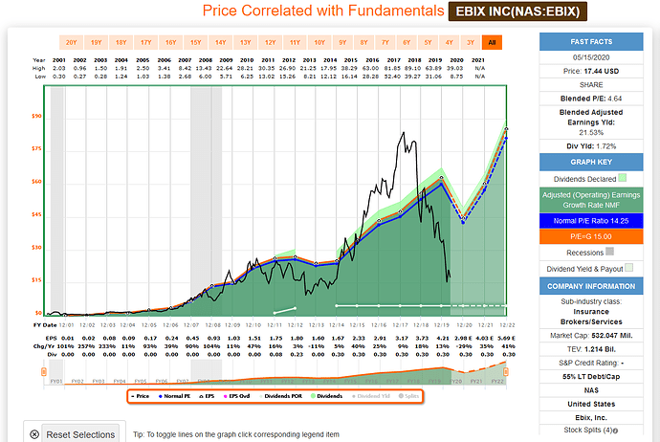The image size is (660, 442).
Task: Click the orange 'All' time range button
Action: coord(492,43)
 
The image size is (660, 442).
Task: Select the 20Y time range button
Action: coord(71,43)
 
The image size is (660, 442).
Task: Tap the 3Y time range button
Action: coord(469,43)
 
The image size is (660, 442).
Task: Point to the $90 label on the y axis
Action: coord(36,117)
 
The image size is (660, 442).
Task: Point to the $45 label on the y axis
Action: coord(36,214)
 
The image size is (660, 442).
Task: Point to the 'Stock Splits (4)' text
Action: coord(593,430)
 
